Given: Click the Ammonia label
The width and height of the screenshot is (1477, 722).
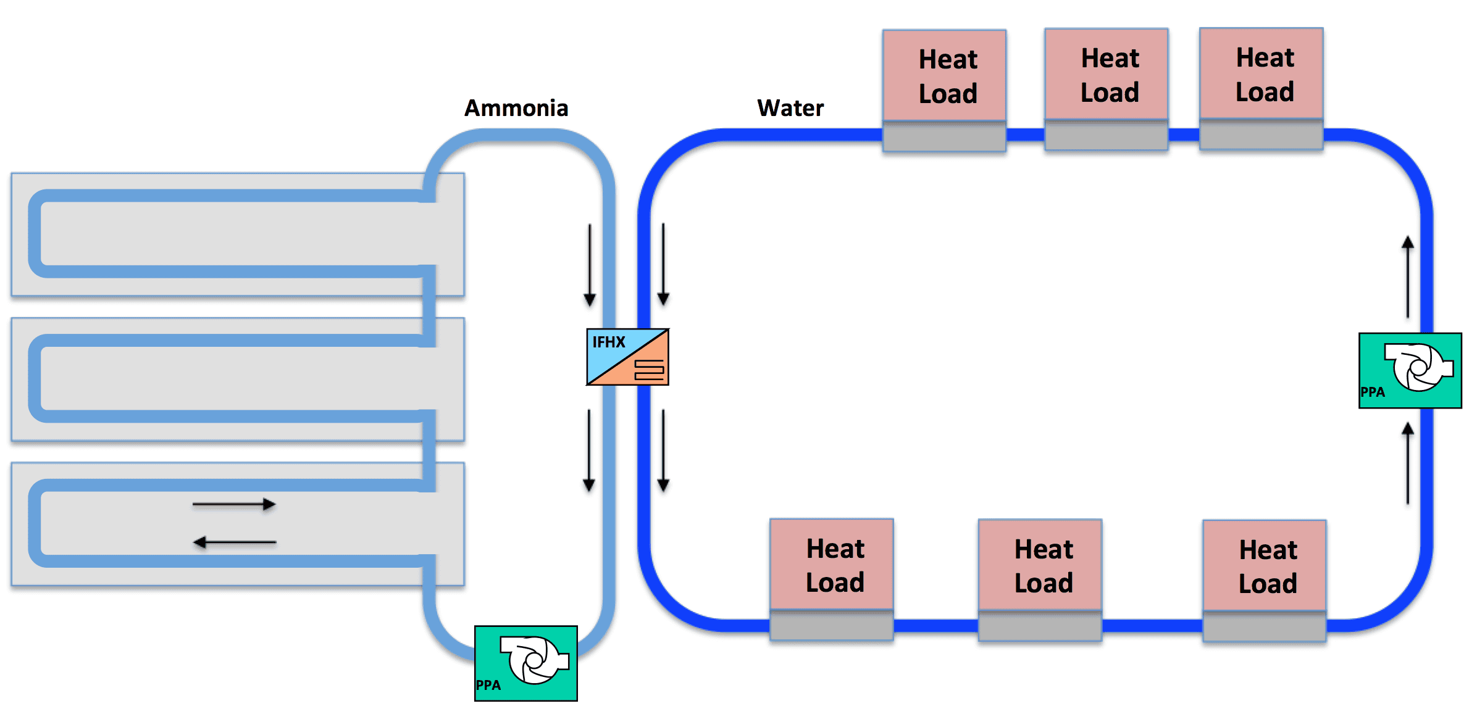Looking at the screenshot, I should point(516,109).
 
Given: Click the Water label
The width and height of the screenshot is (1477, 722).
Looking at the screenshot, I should point(790,109).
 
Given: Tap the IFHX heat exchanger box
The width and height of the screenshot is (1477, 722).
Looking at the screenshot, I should point(627,357).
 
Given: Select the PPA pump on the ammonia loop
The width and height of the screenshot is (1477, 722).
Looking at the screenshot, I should point(526,663).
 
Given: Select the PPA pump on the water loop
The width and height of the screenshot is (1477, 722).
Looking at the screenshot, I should point(1410,370).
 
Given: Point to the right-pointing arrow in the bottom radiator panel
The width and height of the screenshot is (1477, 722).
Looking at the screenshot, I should point(234,505).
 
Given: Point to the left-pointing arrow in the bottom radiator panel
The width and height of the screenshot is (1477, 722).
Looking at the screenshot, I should point(234,542).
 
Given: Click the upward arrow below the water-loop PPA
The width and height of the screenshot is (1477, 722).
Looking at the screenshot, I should point(1408,463).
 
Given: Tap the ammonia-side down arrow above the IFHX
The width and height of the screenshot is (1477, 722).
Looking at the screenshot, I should point(590,265).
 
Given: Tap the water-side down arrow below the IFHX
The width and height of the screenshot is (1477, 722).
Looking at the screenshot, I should point(663,450).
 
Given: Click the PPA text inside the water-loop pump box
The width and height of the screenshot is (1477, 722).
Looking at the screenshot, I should point(1373,392).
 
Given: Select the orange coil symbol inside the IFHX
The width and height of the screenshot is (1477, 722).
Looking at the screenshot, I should point(649,369).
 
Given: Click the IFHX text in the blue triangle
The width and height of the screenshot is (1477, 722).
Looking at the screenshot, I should point(609,342).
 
